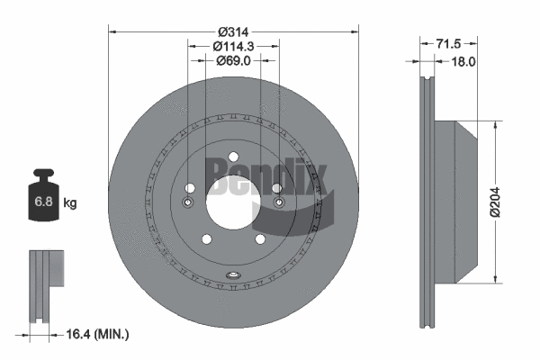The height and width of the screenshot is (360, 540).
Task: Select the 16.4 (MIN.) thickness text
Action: (99, 334)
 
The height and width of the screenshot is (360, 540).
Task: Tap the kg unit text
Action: (70, 203)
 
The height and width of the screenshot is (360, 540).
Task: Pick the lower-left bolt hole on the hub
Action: (206, 238)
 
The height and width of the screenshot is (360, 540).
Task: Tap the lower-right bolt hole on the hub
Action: (260, 238)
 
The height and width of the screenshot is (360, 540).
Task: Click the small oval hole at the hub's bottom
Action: (233, 275)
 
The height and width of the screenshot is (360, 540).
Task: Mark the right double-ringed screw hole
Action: (279, 202)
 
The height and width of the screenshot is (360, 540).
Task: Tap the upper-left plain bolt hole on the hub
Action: (191, 187)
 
